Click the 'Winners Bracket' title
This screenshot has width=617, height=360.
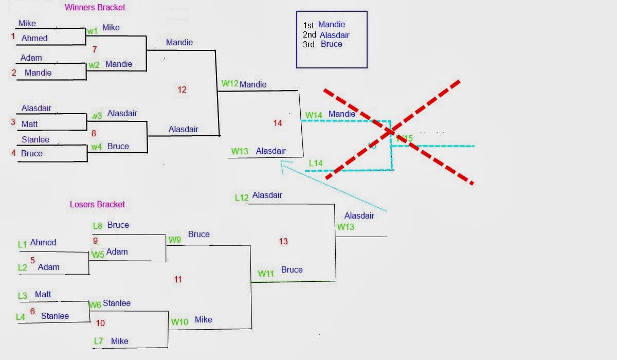(95, 7)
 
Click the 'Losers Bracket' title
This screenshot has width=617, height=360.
(97, 204)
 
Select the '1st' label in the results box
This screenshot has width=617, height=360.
(308, 25)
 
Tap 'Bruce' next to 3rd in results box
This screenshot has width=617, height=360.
(331, 44)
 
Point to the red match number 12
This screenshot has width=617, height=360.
(182, 89)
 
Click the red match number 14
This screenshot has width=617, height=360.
(278, 123)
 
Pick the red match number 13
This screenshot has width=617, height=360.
(283, 241)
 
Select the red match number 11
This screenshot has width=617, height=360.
(178, 279)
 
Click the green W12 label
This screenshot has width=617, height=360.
(230, 83)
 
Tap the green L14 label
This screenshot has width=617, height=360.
(316, 164)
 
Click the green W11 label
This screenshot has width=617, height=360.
(265, 274)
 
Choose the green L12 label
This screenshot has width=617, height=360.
(242, 197)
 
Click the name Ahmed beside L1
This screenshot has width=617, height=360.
(43, 242)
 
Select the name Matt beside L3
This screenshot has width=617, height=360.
(43, 295)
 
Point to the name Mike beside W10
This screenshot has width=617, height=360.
(203, 320)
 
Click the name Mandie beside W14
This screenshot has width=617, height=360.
(341, 114)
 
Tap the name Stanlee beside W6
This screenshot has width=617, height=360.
(117, 303)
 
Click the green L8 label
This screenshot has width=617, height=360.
(98, 225)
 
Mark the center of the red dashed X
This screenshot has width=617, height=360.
(392, 132)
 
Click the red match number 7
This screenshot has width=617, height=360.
(94, 49)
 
